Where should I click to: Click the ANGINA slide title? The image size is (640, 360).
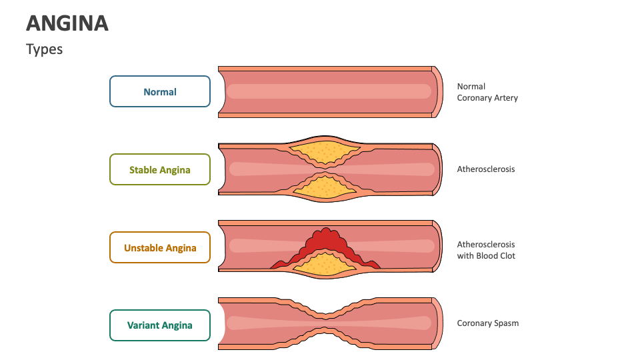67,23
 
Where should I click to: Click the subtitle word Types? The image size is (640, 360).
44,49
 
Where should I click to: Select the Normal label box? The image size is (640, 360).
160,91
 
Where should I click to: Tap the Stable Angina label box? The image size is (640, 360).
160,169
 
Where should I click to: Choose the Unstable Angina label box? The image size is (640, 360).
160,247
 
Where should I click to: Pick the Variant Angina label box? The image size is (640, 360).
160,325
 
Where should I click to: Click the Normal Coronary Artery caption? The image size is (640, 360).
487,92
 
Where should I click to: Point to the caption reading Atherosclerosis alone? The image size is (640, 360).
486,169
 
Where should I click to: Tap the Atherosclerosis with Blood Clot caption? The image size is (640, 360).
486,250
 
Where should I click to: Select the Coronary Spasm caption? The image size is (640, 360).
488,323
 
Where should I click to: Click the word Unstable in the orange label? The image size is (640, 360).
144,248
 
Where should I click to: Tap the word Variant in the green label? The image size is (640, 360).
143,325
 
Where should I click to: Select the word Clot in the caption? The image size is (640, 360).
505,256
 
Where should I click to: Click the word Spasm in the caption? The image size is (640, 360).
506,323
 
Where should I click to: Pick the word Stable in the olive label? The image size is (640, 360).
143,170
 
